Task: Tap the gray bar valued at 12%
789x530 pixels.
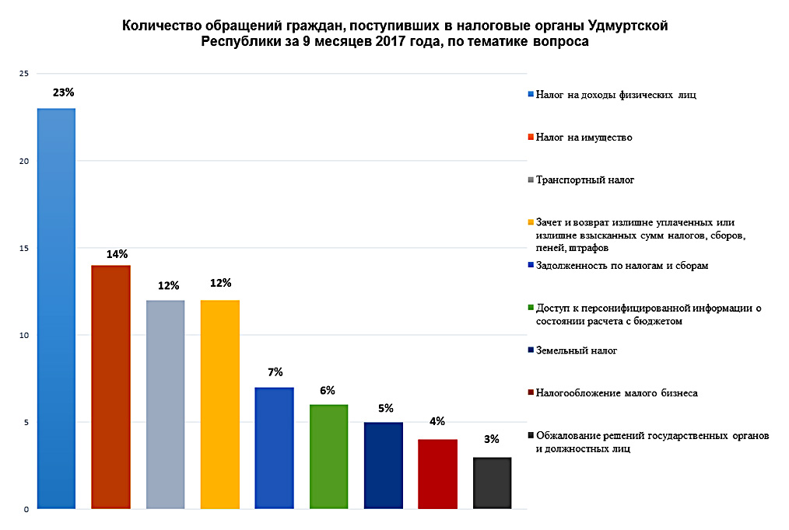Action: (x=165, y=404)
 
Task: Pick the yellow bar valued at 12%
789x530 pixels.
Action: (x=219, y=404)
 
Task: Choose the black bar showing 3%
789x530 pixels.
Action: (x=492, y=483)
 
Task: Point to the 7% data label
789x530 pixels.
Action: (x=275, y=371)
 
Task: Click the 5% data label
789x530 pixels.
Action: (x=384, y=407)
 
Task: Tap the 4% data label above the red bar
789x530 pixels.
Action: (x=437, y=422)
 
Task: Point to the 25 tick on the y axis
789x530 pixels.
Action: (x=23, y=74)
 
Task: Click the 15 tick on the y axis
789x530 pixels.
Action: (x=23, y=248)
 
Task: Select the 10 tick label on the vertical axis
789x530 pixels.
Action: (x=23, y=335)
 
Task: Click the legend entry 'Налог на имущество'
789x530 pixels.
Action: (x=584, y=138)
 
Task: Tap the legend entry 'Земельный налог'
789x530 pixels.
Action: (x=576, y=351)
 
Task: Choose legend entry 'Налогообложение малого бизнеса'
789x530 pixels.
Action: (x=616, y=393)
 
